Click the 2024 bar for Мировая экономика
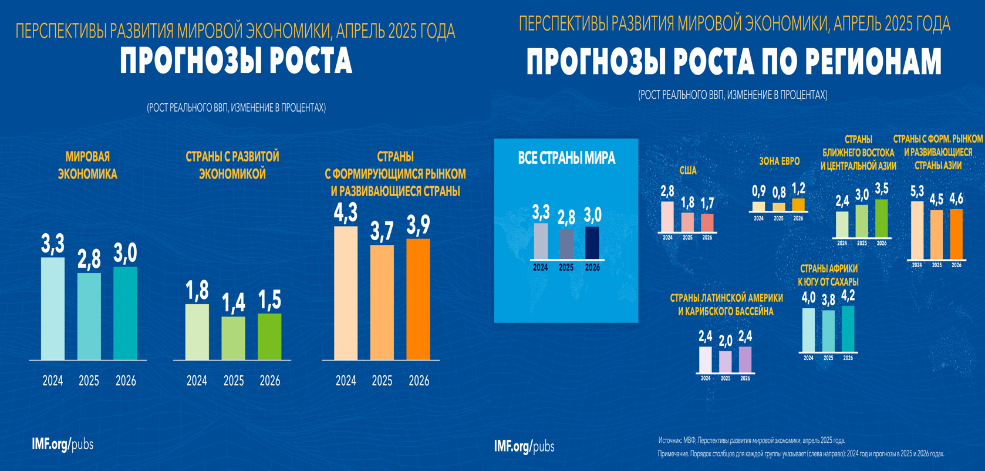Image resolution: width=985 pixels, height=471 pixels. coord(53,308)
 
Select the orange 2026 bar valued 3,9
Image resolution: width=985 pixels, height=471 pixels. coord(419,299)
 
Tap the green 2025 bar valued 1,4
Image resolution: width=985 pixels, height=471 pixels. coord(234,338)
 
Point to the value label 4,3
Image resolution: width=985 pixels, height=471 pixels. coord(346,213)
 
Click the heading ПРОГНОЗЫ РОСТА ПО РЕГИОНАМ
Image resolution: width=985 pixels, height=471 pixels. coord(734,62)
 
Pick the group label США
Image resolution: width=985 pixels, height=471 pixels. coord(688,170)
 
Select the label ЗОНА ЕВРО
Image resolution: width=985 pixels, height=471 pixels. coord(779,161)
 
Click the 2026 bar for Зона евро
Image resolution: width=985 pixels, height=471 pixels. coord(798,204)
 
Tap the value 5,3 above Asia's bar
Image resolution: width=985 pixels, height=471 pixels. coord(917,191)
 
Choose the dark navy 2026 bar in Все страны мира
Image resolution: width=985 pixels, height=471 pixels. coord(592,243)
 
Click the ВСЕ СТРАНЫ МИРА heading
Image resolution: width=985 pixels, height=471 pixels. coord(566,158)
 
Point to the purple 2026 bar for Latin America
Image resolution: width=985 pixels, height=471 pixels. coord(745,359)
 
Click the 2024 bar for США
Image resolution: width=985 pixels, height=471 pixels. coord(667,217)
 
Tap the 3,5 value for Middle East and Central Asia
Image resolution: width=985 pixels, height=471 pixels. coord(882,189)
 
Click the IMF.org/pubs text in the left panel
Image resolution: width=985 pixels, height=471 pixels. coord(63,445)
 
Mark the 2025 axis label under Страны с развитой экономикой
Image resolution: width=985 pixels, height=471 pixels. coord(234,381)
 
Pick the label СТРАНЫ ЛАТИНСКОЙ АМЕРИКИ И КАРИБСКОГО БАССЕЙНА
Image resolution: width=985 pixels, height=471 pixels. coord(726,304)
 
